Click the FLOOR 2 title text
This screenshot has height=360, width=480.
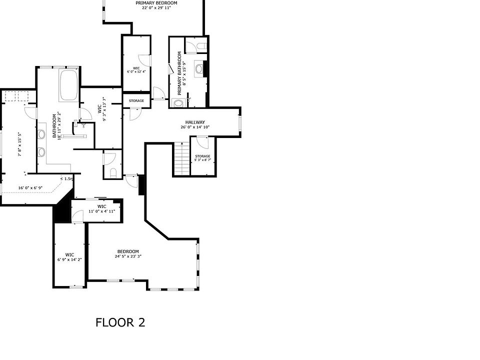[120, 322]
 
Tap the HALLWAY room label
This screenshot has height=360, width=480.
[195, 122]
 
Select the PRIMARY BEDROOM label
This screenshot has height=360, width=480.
[156, 3]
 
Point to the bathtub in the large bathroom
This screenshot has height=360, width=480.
[68, 85]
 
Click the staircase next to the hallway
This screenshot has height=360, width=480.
[181, 158]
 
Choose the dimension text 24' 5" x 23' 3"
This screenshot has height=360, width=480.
[128, 257]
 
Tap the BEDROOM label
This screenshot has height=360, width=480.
[128, 251]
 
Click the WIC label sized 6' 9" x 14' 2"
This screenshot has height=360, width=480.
[69, 254]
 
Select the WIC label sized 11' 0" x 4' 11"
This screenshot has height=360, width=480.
[102, 206]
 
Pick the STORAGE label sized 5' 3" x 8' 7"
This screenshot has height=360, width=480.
[202, 156]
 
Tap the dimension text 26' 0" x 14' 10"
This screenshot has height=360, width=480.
[195, 127]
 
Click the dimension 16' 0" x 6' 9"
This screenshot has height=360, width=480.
[31, 188]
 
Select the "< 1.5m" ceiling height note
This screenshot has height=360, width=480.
[67, 178]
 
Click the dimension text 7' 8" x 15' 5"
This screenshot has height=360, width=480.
[19, 144]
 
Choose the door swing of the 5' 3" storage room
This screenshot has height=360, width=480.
[201, 142]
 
